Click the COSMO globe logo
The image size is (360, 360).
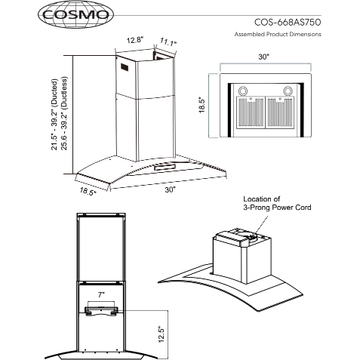click(75, 14)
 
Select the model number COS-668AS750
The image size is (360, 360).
click(288, 23)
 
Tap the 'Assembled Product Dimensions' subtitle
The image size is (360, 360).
click(278, 34)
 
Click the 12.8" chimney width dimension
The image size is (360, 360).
click(134, 40)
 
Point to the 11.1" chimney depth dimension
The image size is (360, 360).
click(168, 42)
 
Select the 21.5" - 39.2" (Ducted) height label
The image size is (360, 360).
click(54, 115)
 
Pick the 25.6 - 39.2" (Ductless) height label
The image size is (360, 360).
click(64, 113)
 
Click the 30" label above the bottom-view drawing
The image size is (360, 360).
click(263, 57)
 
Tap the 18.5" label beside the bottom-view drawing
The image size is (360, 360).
click(202, 105)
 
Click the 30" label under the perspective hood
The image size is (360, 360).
click(170, 189)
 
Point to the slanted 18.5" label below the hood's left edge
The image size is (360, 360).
click(88, 191)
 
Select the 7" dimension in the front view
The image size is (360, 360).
click(101, 294)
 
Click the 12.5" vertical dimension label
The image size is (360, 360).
click(162, 334)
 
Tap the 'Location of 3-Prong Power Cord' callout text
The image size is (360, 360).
click(277, 203)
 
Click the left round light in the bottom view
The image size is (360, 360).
click(243, 91)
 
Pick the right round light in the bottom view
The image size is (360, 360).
click(288, 91)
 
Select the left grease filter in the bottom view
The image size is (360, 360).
click(251, 112)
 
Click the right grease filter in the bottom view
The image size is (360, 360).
click(280, 112)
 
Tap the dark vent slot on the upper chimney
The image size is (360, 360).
click(125, 67)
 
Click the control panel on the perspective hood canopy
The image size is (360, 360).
click(165, 167)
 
